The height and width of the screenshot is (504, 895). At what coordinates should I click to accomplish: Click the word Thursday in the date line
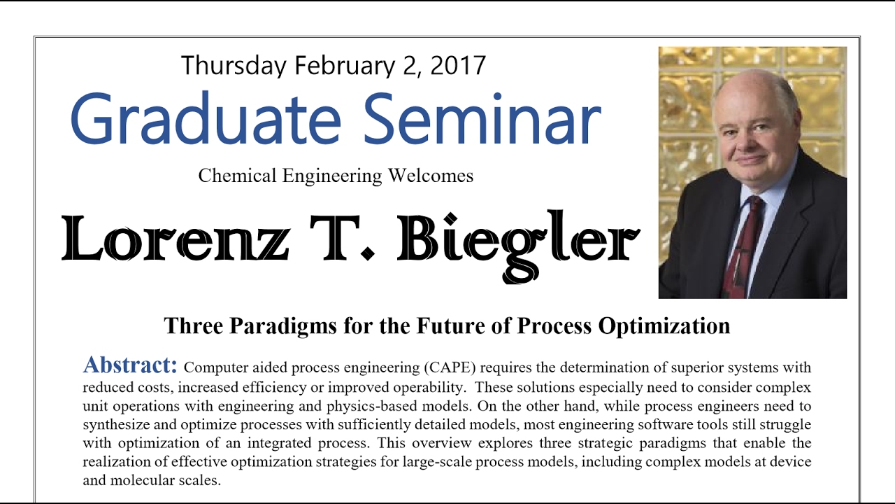234,66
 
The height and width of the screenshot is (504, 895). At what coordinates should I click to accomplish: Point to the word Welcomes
429,176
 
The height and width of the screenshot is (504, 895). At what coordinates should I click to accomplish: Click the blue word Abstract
131,365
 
